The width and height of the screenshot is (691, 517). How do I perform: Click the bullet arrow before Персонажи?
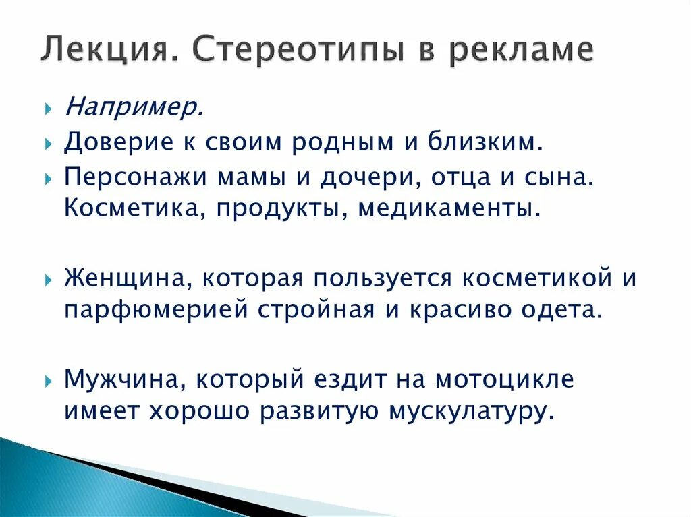coord(49,179)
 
